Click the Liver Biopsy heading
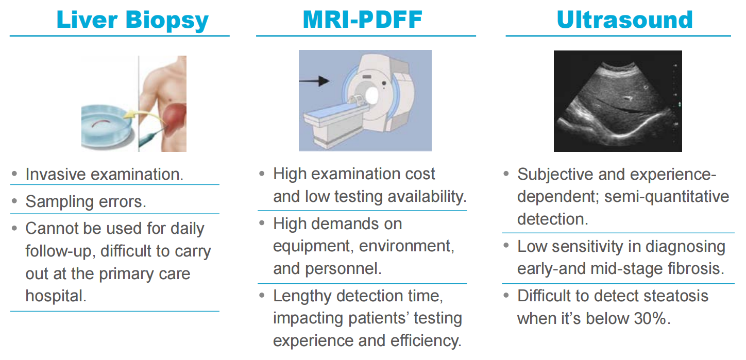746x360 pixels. pyautogui.click(x=132, y=20)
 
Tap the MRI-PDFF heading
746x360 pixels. pyautogui.click(x=363, y=20)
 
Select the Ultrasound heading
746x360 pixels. pyautogui.click(x=625, y=20)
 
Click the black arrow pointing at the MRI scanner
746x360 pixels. pyautogui.click(x=314, y=81)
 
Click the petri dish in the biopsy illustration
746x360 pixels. pyautogui.click(x=107, y=127)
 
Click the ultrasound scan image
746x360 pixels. pyautogui.click(x=618, y=101)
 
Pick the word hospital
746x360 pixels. pyautogui.click(x=56, y=296)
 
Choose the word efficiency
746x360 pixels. pyautogui.click(x=426, y=340)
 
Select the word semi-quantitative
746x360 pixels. pyautogui.click(x=667, y=197)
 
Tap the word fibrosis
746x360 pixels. pyautogui.click(x=696, y=268)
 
